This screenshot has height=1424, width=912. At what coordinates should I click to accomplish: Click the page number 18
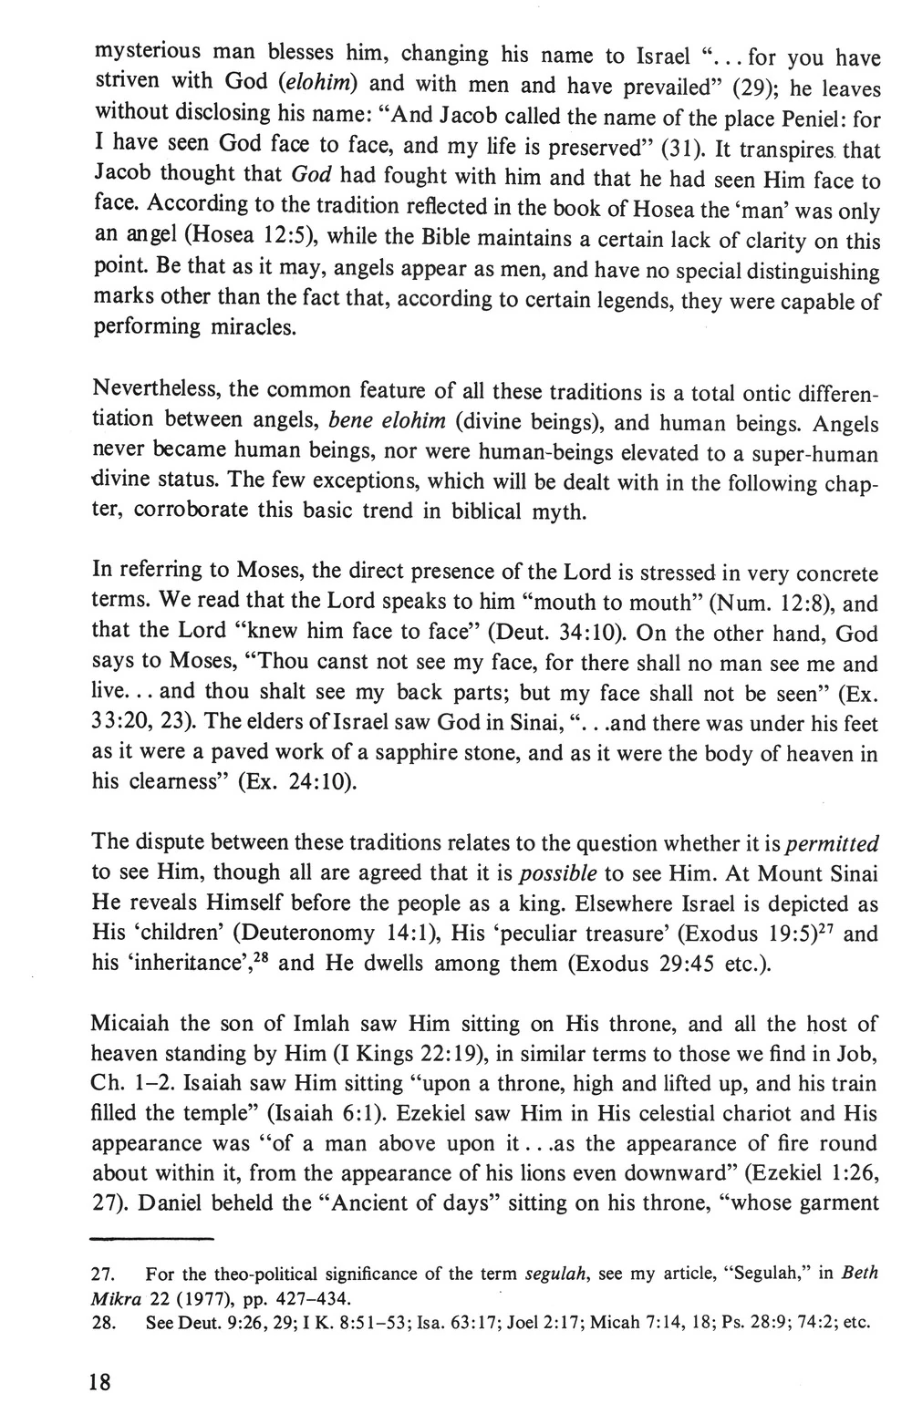(x=100, y=1382)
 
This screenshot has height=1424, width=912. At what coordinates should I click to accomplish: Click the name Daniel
(x=172, y=1203)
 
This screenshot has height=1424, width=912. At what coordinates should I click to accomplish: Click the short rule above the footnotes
(x=153, y=1239)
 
